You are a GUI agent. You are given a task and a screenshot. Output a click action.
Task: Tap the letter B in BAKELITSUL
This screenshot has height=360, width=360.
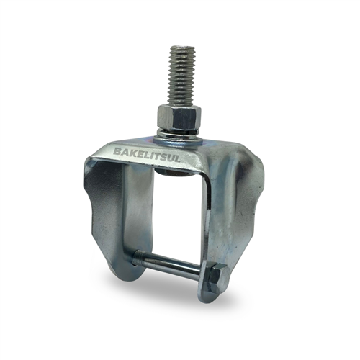coord(118,151)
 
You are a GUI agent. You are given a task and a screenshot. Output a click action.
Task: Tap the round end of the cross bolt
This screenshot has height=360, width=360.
coord(135,256)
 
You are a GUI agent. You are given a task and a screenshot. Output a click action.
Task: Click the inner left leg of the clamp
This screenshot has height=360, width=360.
coord(137,209)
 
